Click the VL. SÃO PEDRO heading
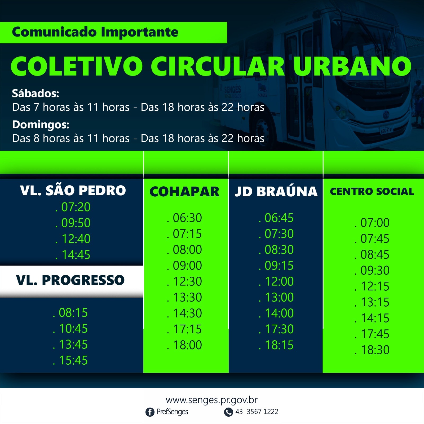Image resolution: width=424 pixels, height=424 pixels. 73,191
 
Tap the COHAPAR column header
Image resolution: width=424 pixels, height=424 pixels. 184,192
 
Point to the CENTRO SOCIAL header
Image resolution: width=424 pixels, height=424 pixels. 372,191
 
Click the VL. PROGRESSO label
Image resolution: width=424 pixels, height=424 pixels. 70,280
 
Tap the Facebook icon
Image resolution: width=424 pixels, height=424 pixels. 150,412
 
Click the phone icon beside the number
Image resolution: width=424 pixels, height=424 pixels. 228,412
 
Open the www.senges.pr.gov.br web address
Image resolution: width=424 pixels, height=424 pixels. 212,400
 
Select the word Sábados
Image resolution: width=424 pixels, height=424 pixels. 36,93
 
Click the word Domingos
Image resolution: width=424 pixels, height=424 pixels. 41,125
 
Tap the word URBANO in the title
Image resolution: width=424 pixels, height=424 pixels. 352,66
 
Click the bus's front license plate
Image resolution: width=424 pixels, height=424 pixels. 386,130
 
